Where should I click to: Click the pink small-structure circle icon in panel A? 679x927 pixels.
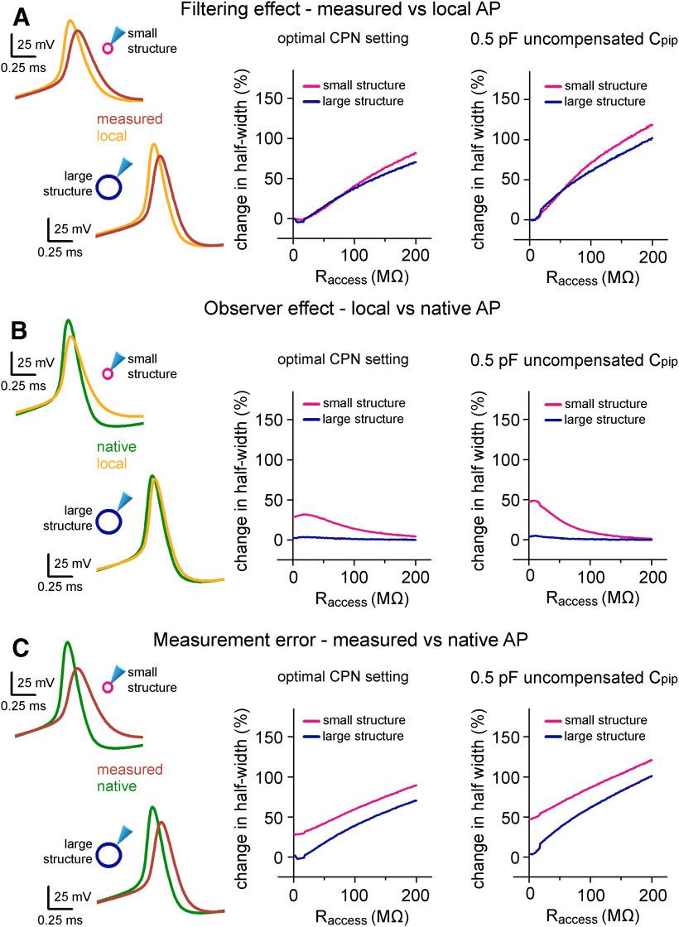tap(108, 48)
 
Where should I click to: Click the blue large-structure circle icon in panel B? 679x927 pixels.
tap(108, 521)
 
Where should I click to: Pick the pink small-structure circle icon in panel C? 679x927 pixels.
tap(108, 687)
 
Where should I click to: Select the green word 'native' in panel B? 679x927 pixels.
tap(117, 447)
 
